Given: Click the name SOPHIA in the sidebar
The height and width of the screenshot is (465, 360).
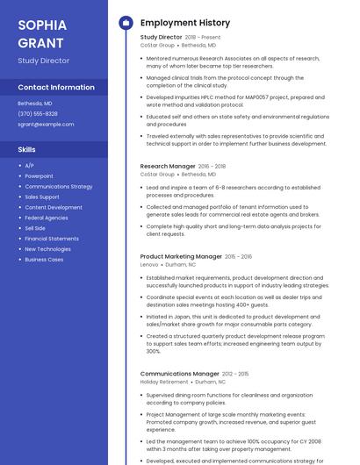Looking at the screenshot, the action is pyautogui.click(x=40, y=25).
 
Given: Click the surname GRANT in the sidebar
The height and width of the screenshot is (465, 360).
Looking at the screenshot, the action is pyautogui.click(x=40, y=42).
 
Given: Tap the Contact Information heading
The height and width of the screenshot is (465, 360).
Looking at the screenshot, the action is pyautogui.click(x=56, y=88).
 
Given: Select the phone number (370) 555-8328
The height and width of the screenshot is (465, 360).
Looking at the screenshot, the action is pyautogui.click(x=38, y=114).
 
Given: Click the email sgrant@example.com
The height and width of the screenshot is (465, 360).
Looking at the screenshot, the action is pyautogui.click(x=46, y=125).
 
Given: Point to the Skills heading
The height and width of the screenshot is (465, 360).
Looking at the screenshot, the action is pyautogui.click(x=27, y=149).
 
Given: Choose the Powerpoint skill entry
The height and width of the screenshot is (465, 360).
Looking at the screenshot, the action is pyautogui.click(x=39, y=176).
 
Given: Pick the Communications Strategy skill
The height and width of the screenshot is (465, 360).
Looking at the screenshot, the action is pyautogui.click(x=58, y=187).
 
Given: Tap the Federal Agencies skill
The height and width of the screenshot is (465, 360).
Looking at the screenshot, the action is pyautogui.click(x=46, y=218).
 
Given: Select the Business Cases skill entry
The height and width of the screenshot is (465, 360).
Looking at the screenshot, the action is pyautogui.click(x=44, y=259).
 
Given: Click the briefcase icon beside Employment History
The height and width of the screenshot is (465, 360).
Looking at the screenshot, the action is pyautogui.click(x=125, y=22).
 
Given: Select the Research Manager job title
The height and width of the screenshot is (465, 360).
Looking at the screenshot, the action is pyautogui.click(x=168, y=166).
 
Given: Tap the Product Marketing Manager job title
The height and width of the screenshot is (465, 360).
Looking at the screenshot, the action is pyautogui.click(x=181, y=256).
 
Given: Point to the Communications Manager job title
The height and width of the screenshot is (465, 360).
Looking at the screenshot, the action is pyautogui.click(x=179, y=374).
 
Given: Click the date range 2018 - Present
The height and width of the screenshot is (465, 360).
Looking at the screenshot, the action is pyautogui.click(x=203, y=38).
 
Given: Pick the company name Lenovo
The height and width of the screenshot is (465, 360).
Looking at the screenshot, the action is pyautogui.click(x=149, y=264).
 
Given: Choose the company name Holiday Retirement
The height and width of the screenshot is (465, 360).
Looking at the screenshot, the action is pyautogui.click(x=164, y=382).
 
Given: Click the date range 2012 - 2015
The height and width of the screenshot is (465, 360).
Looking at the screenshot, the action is pyautogui.click(x=235, y=374).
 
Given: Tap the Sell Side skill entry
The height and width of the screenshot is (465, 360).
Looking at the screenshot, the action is pyautogui.click(x=35, y=228).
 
